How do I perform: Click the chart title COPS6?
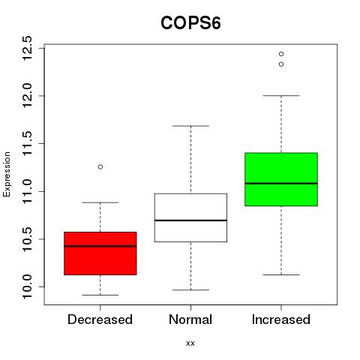tap(190, 23)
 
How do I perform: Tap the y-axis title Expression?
tap(7, 174)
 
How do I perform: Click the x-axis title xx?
tap(190, 343)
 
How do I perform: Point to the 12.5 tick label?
tap(27, 48)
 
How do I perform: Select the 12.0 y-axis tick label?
tap(27, 96)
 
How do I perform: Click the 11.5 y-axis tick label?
tap(27, 143)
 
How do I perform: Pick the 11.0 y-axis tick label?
tap(27, 191)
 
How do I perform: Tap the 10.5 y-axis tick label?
tap(27, 239)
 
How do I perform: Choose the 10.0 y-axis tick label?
tap(27, 286)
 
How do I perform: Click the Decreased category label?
tap(100, 319)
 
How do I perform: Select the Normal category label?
tap(190, 319)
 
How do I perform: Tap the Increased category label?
tap(281, 319)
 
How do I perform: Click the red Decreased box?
tap(100, 253)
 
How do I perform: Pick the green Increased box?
tap(281, 179)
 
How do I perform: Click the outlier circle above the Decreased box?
tap(100, 166)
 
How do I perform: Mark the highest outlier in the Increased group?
tap(281, 54)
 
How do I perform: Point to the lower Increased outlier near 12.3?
tap(281, 64)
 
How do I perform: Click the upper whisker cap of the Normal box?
tap(190, 126)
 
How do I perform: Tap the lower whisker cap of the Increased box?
tap(281, 274)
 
